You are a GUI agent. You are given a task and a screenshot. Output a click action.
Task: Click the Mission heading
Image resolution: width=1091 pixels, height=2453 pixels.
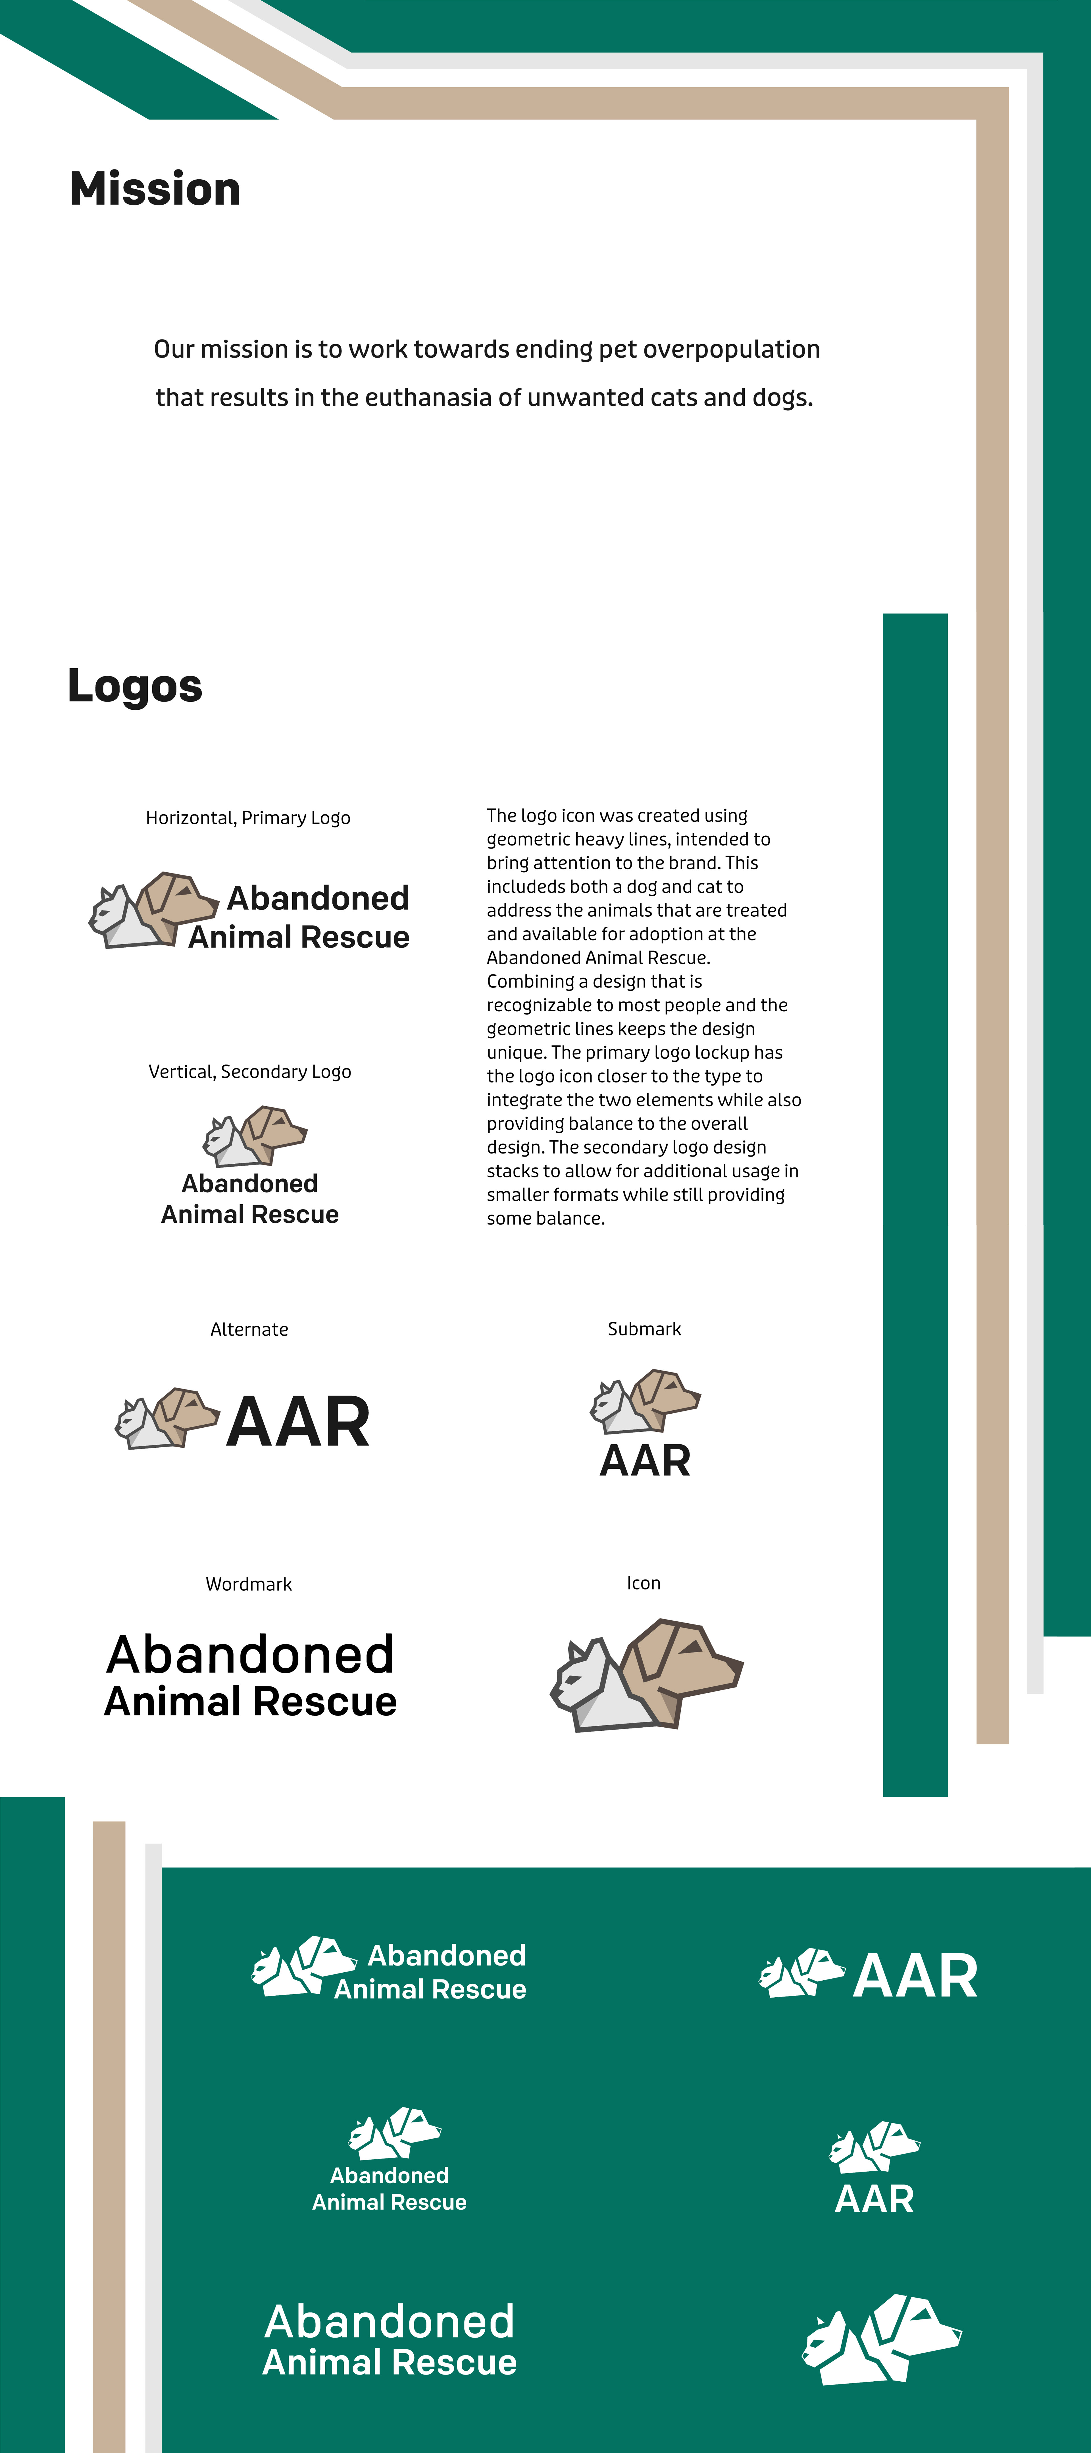pos(155,188)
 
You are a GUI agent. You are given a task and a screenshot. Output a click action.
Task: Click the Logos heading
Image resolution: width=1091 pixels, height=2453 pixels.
pos(135,686)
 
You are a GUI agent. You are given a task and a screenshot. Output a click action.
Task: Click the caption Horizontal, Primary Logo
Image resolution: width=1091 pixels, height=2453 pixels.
pos(247,818)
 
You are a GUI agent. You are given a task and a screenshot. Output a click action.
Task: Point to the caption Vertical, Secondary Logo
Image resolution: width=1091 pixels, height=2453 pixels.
pos(249,1071)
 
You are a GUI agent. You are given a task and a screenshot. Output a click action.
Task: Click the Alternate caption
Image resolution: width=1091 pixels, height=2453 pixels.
pos(249,1329)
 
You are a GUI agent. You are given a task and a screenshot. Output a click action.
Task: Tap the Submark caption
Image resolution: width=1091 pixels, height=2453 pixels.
pos(644,1328)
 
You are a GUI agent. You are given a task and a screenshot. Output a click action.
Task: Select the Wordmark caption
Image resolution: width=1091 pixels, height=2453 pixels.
pos(249,1584)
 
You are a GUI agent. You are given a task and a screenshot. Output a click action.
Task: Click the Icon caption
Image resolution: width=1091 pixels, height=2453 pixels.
pos(644,1583)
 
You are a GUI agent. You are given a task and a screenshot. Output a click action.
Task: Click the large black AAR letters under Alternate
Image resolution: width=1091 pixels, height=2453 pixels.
pos(298,1422)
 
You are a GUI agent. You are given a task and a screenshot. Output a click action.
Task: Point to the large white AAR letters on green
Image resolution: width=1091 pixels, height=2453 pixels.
pos(915,1976)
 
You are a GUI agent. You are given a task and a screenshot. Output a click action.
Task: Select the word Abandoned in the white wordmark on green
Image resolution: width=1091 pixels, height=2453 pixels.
pos(389,2322)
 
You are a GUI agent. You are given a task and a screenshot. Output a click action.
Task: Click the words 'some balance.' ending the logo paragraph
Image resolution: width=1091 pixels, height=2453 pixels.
pos(545,1218)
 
